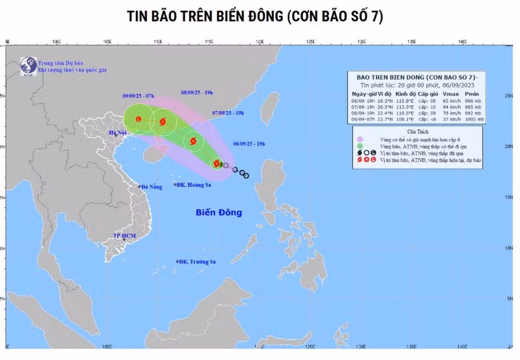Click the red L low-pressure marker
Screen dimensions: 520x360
(x=138, y=118)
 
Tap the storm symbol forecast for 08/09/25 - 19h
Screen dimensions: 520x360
(x=163, y=121)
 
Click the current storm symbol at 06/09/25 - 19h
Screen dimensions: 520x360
(x=216, y=164)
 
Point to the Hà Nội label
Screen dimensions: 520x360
(x=119, y=133)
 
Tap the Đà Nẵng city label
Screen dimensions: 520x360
(x=152, y=187)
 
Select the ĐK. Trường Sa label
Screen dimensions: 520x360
(x=197, y=262)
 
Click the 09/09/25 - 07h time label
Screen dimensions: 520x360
(x=138, y=96)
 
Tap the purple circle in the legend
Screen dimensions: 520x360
(x=360, y=139)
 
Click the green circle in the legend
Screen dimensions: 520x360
(x=360, y=146)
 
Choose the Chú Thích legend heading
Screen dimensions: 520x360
(x=417, y=131)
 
